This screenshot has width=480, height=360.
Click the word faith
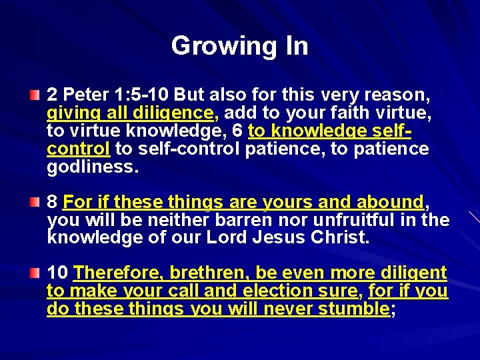342,114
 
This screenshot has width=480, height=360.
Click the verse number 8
53,201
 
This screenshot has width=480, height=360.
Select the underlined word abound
390,201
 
